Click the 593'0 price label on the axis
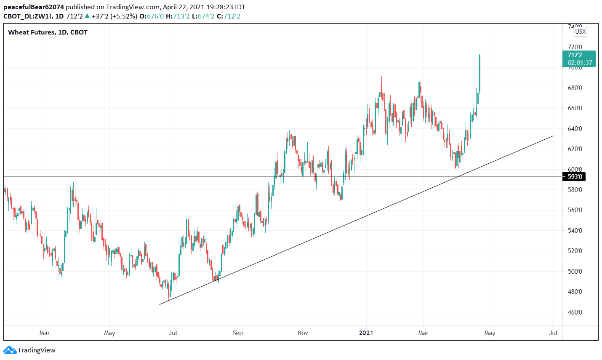tap(575, 177)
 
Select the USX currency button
tap(580, 32)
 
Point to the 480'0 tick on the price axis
tap(575, 292)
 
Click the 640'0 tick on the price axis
tap(575, 129)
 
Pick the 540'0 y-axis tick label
tap(575, 231)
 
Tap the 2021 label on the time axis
tap(366, 333)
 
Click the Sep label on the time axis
tap(238, 333)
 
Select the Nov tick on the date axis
tap(303, 333)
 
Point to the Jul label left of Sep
tap(173, 333)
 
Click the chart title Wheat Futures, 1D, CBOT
tap(48, 32)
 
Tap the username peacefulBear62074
tap(34, 7)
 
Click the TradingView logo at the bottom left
tap(29, 350)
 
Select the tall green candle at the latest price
tap(479, 74)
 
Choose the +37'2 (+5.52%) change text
tap(114, 16)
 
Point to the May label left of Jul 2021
tap(490, 333)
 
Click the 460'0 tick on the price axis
tap(575, 312)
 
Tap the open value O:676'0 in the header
tap(152, 16)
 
